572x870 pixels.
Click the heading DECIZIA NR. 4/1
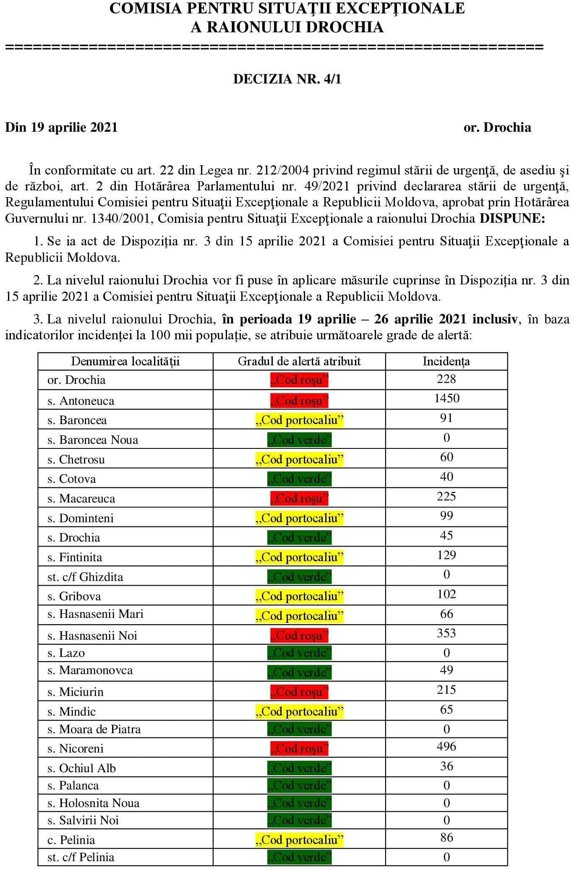click(x=287, y=79)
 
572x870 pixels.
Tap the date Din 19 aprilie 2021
click(x=61, y=127)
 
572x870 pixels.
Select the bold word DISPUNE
click(x=512, y=218)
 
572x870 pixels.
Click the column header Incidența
click(x=446, y=361)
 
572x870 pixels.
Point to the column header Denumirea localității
click(x=125, y=361)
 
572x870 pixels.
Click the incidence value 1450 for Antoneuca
click(x=447, y=398)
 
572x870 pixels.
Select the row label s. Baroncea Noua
click(x=93, y=440)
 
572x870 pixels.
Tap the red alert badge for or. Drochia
click(x=299, y=380)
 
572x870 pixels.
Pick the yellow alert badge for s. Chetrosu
click(x=299, y=459)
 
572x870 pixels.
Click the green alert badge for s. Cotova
click(x=299, y=479)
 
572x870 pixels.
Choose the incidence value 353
click(x=446, y=633)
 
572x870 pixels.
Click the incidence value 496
click(x=446, y=746)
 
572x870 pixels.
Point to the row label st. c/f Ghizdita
click(x=85, y=577)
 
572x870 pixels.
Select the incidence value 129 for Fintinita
click(x=446, y=555)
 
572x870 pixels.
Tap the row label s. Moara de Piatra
click(x=94, y=729)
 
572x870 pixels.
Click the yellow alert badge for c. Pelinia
click(x=299, y=840)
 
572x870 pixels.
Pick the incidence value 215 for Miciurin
click(x=446, y=690)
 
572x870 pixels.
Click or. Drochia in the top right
click(x=497, y=127)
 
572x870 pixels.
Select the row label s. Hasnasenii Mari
click(x=95, y=614)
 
